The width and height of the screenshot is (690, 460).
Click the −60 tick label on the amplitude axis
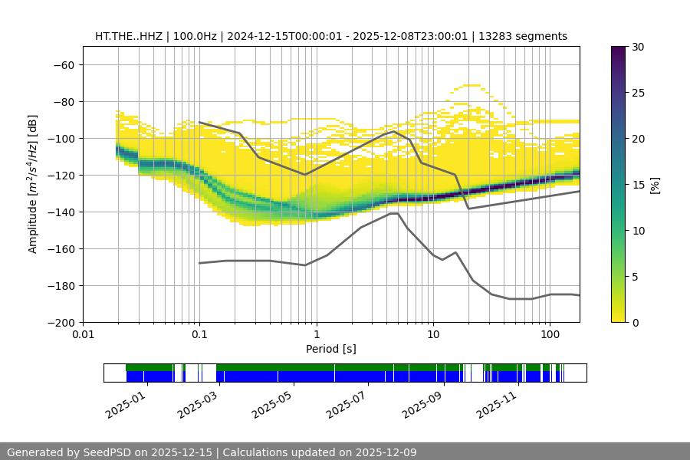point(63,65)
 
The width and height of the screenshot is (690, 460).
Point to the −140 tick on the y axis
point(63,212)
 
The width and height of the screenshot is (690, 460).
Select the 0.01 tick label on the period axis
point(83,335)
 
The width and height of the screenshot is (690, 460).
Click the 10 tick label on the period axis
point(433,335)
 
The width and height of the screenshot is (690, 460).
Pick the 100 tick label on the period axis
point(550,335)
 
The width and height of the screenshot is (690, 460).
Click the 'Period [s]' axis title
point(331,349)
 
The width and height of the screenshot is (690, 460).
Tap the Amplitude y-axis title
point(33,184)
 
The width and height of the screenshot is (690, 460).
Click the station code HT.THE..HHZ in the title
point(127,36)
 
